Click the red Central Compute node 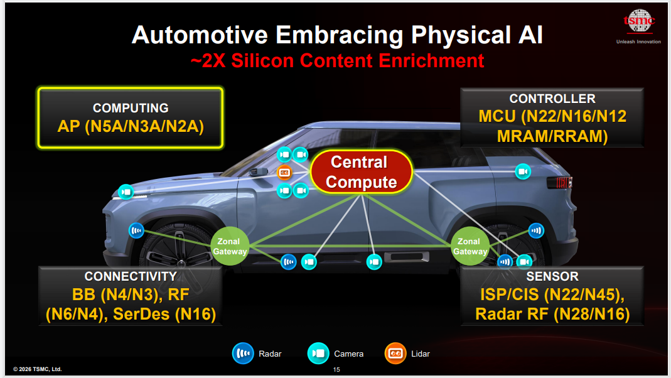click(x=362, y=172)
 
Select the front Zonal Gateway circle click(x=230, y=246)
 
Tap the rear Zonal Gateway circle click(x=470, y=246)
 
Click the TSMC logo click(x=639, y=21)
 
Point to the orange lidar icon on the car click(x=284, y=173)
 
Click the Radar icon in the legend click(x=243, y=354)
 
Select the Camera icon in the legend click(x=318, y=354)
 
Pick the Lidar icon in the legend click(x=395, y=354)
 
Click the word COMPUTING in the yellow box click(x=131, y=108)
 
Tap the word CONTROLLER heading click(x=552, y=99)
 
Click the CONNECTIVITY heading click(x=131, y=276)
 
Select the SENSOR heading click(x=552, y=276)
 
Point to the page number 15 click(x=336, y=369)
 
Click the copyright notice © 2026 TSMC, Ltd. click(x=37, y=369)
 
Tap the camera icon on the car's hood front click(x=126, y=192)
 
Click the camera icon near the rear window click(x=522, y=171)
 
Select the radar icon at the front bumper click(x=136, y=231)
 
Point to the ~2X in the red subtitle click(x=208, y=61)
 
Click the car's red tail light click(x=560, y=182)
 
